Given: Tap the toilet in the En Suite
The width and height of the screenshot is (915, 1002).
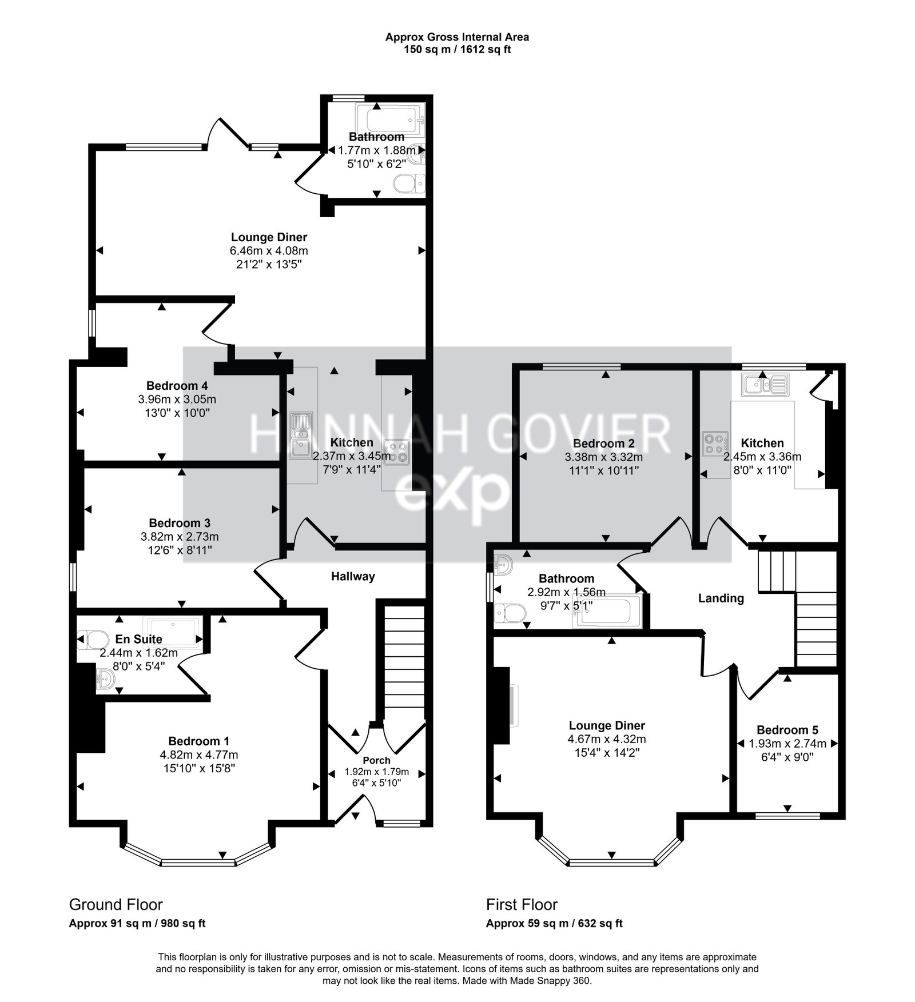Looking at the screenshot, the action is (93, 638).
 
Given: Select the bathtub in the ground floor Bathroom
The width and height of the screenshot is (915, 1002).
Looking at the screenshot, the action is (390, 118).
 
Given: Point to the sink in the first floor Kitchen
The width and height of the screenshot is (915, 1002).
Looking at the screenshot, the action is (765, 385).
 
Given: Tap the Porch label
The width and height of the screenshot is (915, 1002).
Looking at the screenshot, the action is (376, 760).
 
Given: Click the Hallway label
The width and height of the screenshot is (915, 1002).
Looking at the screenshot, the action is (353, 577).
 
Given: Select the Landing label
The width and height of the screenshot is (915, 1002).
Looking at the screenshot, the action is (721, 598).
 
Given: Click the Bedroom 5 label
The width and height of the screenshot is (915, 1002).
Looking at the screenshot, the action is (787, 730).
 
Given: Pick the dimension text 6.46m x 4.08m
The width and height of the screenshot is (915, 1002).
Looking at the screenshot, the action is (269, 250).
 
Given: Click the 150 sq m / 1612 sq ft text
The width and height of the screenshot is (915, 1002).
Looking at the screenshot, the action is (457, 49).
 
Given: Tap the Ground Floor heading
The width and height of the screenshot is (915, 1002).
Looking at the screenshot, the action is (116, 905).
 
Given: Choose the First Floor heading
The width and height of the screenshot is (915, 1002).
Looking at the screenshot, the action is (522, 905).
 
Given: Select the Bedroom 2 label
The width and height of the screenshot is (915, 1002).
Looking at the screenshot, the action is (603, 444).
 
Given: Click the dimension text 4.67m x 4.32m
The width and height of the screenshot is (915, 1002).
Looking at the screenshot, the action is (607, 739).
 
